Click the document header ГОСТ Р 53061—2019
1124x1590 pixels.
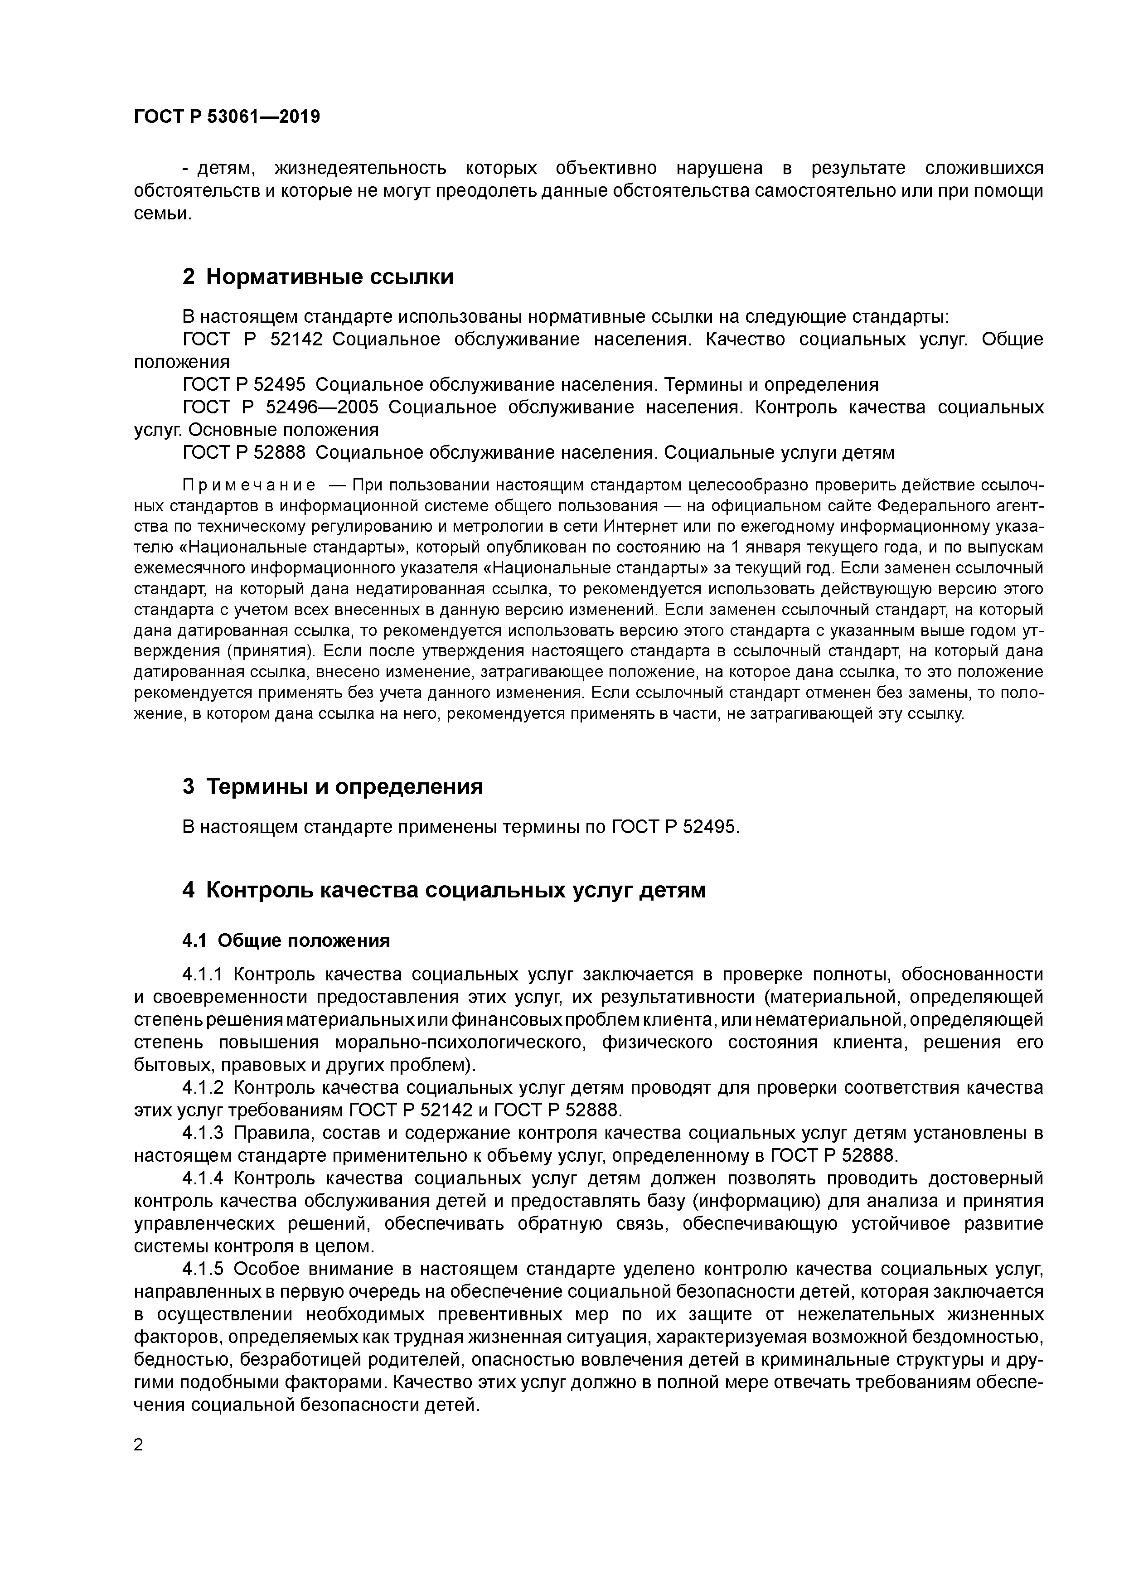(227, 117)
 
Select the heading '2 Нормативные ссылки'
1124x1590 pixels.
(318, 277)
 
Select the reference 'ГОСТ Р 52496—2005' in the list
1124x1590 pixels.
(281, 407)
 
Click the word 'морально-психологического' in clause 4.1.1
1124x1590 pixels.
(460, 1043)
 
